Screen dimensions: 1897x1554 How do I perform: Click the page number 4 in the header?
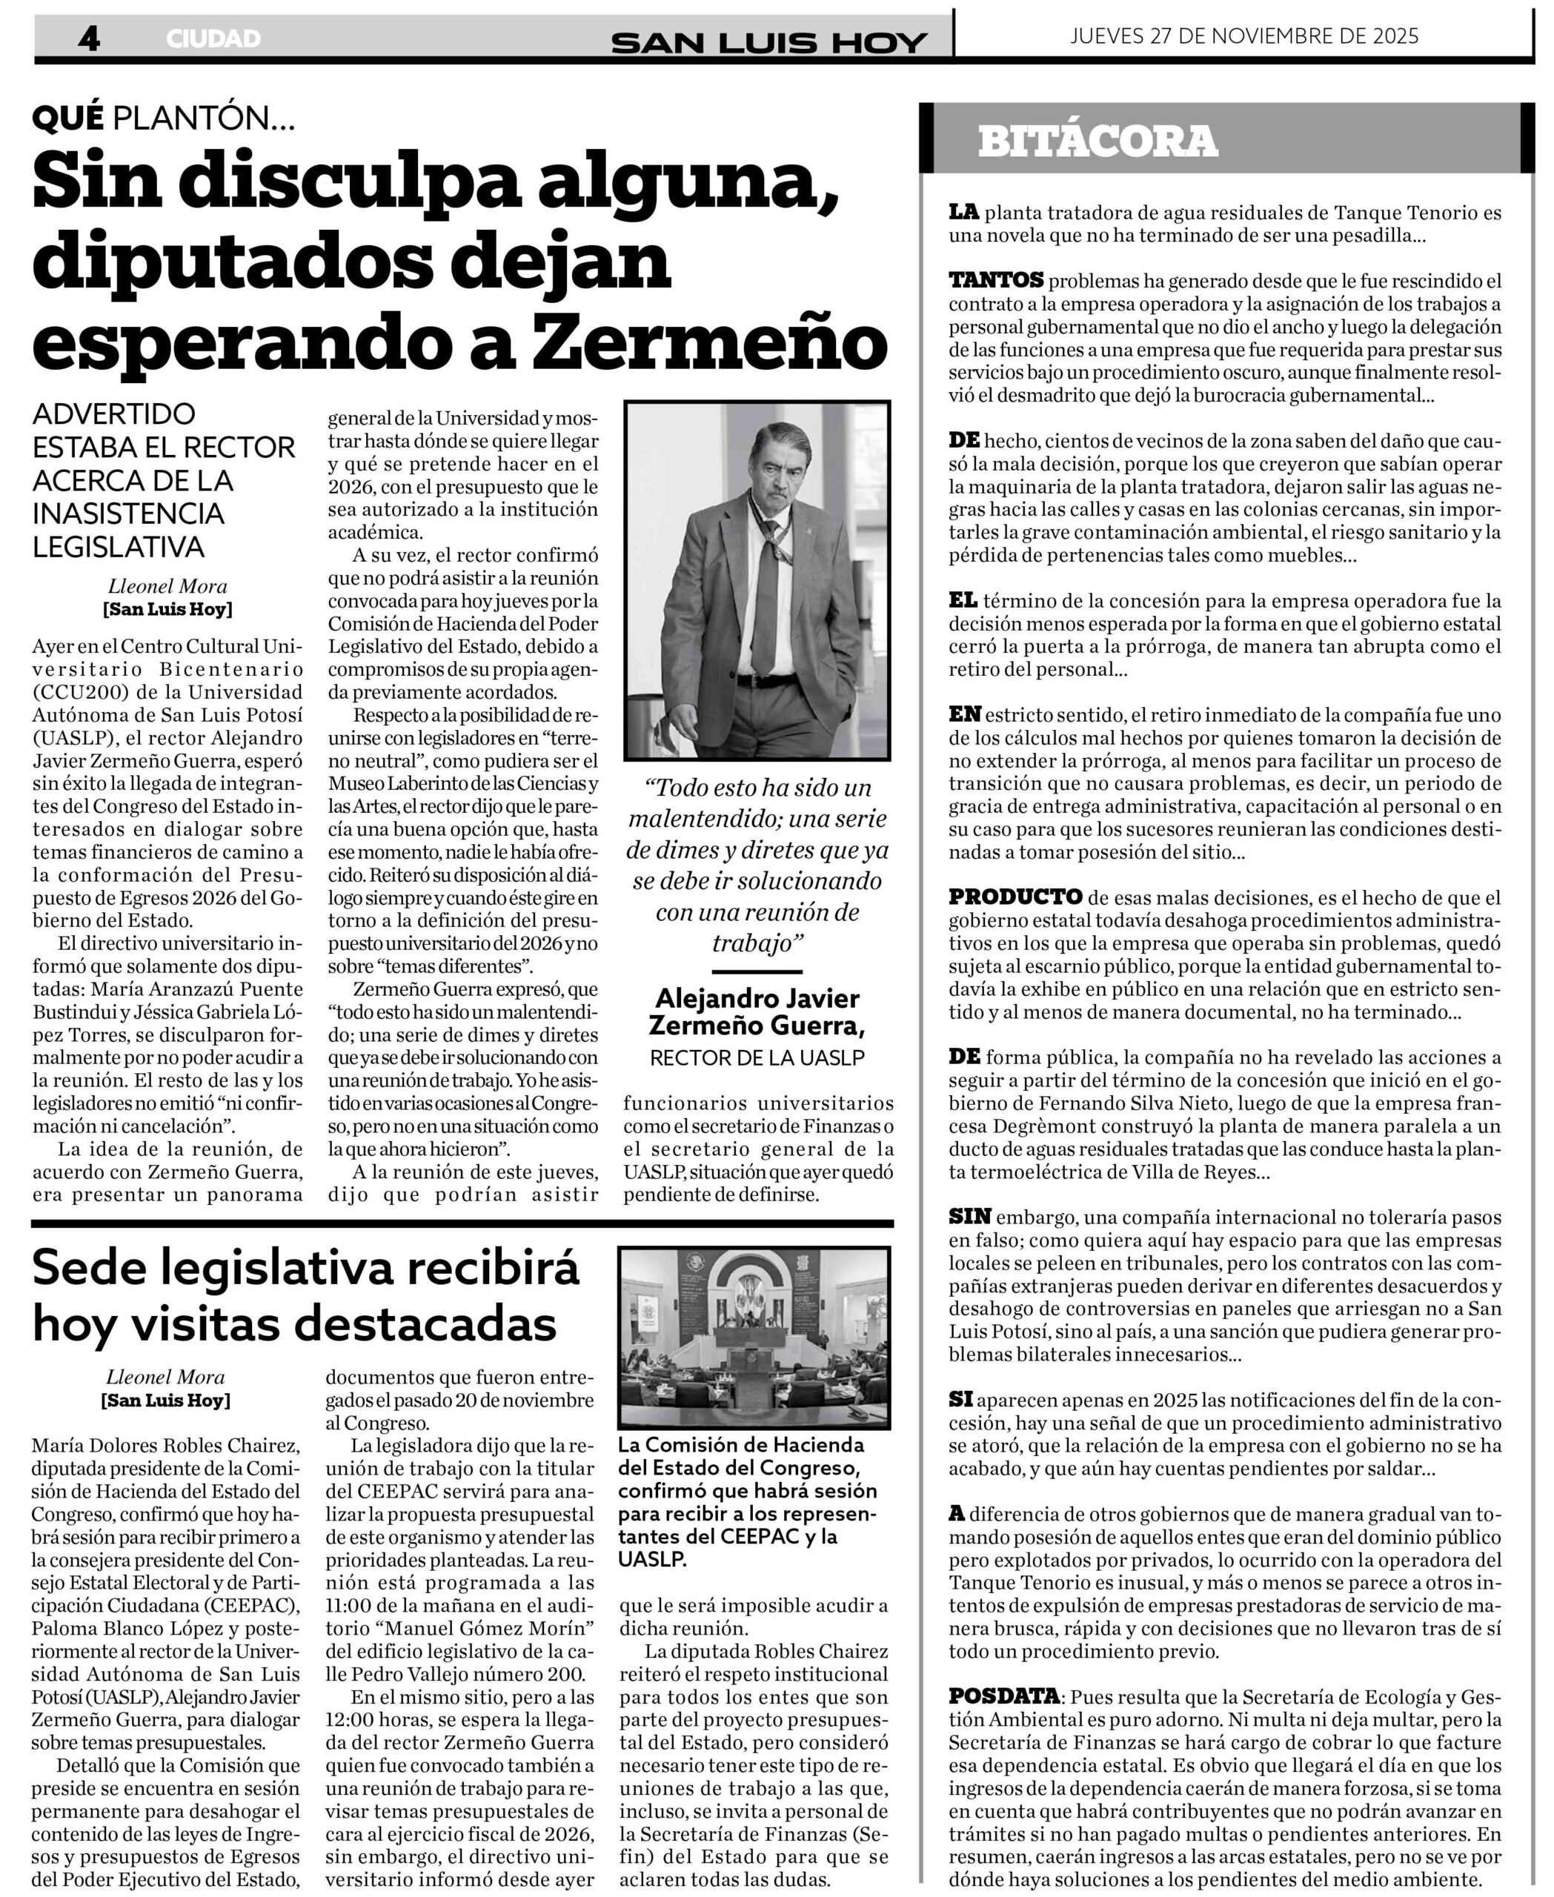tap(89, 38)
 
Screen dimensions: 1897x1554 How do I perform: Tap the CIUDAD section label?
tap(213, 39)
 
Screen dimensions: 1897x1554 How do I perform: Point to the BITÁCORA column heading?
tap(1098, 142)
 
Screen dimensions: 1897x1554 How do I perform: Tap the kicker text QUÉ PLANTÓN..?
tap(164, 117)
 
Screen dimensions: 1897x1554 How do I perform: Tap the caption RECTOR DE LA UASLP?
tap(757, 1057)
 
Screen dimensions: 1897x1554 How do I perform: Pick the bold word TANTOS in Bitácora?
tap(995, 280)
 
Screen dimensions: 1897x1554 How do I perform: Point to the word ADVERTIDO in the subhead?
tap(113, 413)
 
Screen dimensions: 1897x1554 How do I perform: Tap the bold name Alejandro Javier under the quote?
tap(757, 998)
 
